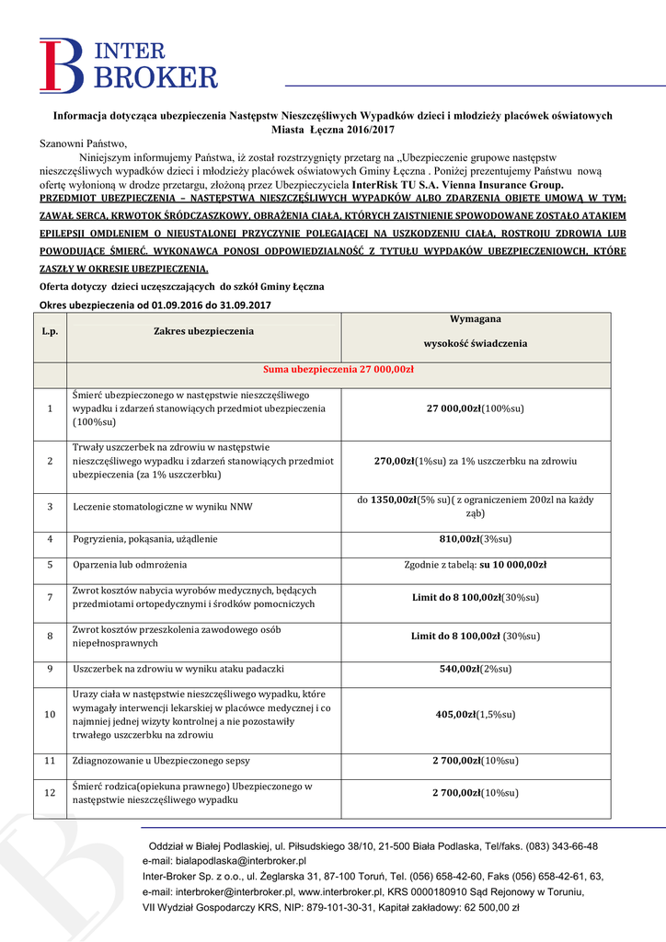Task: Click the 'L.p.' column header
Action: pos(51,331)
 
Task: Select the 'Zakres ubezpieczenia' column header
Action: pos(203,331)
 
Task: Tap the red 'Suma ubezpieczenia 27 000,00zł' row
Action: pos(339,370)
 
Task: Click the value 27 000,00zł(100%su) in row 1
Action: pos(475,408)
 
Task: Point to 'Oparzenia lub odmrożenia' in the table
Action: pos(130,564)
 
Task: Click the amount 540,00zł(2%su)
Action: pos(475,670)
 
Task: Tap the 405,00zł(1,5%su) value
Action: pos(475,714)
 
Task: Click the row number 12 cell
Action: pos(51,793)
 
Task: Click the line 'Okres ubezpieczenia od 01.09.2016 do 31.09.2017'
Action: pos(155,304)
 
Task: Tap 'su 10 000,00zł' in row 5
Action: pos(512,564)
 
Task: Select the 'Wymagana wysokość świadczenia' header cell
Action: pos(475,331)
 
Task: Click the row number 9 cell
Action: pos(51,670)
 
